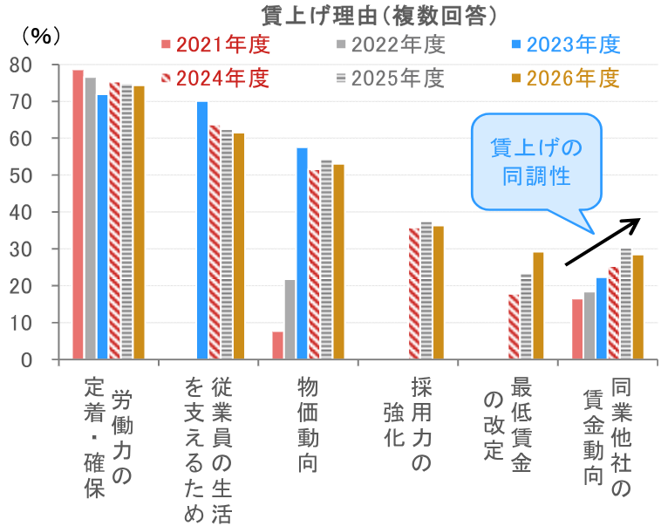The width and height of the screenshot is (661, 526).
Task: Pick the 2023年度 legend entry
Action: click(x=566, y=44)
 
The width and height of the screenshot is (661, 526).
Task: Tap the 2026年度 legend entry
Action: click(x=566, y=78)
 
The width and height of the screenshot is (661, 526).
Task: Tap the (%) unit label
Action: click(x=40, y=36)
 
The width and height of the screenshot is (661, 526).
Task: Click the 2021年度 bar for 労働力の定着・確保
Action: click(x=78, y=215)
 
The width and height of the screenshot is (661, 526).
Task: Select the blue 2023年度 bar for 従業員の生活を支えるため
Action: click(x=202, y=231)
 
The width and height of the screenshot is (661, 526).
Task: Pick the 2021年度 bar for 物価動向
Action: click(x=277, y=345)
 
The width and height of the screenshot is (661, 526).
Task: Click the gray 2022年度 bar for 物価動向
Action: click(x=290, y=319)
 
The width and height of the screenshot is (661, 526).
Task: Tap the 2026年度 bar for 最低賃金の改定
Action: click(x=538, y=306)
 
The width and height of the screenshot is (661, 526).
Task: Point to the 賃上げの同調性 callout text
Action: click(x=535, y=161)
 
